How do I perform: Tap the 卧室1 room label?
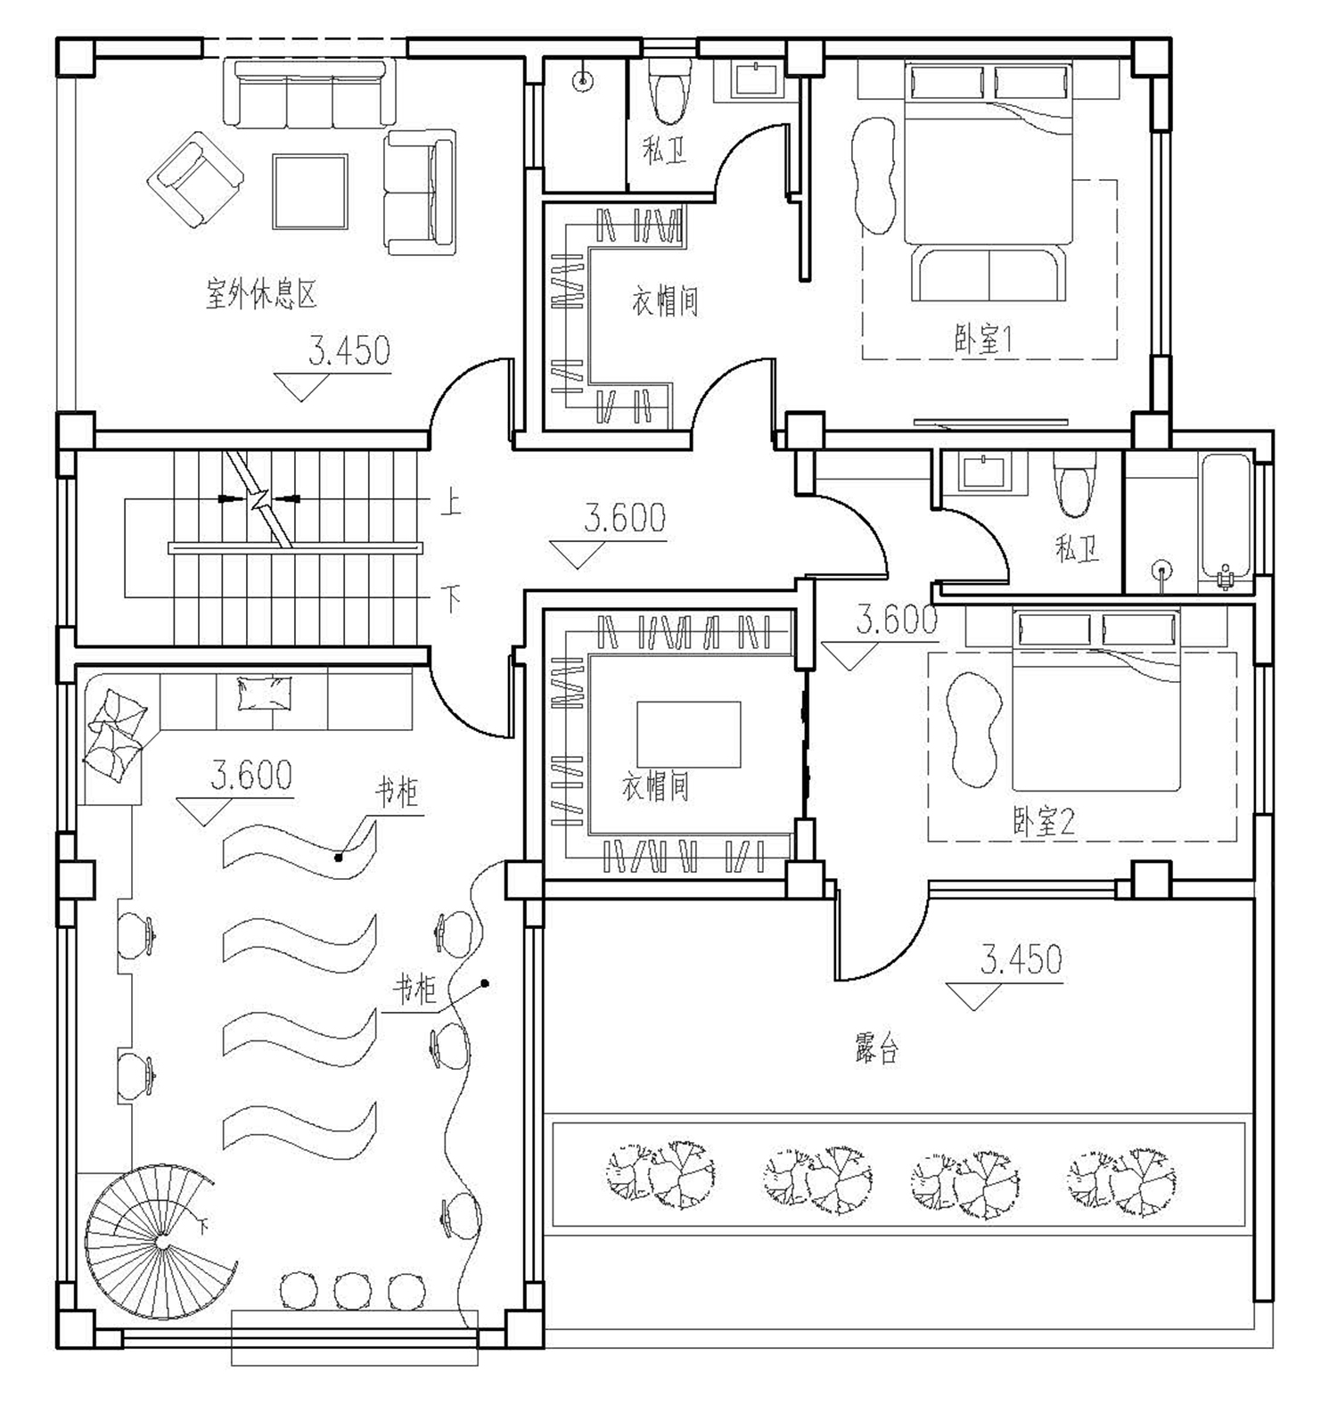coord(984,340)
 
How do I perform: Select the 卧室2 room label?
coord(1044,821)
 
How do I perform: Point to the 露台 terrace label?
coord(876,1049)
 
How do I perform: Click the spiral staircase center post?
coord(161,1242)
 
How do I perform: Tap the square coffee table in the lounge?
coord(310,192)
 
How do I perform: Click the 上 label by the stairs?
coord(451,505)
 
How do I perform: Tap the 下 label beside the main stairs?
coord(452,598)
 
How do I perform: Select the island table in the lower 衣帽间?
coord(688,735)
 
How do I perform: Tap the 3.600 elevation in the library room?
coord(251,776)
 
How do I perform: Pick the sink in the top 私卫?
coord(758,78)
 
